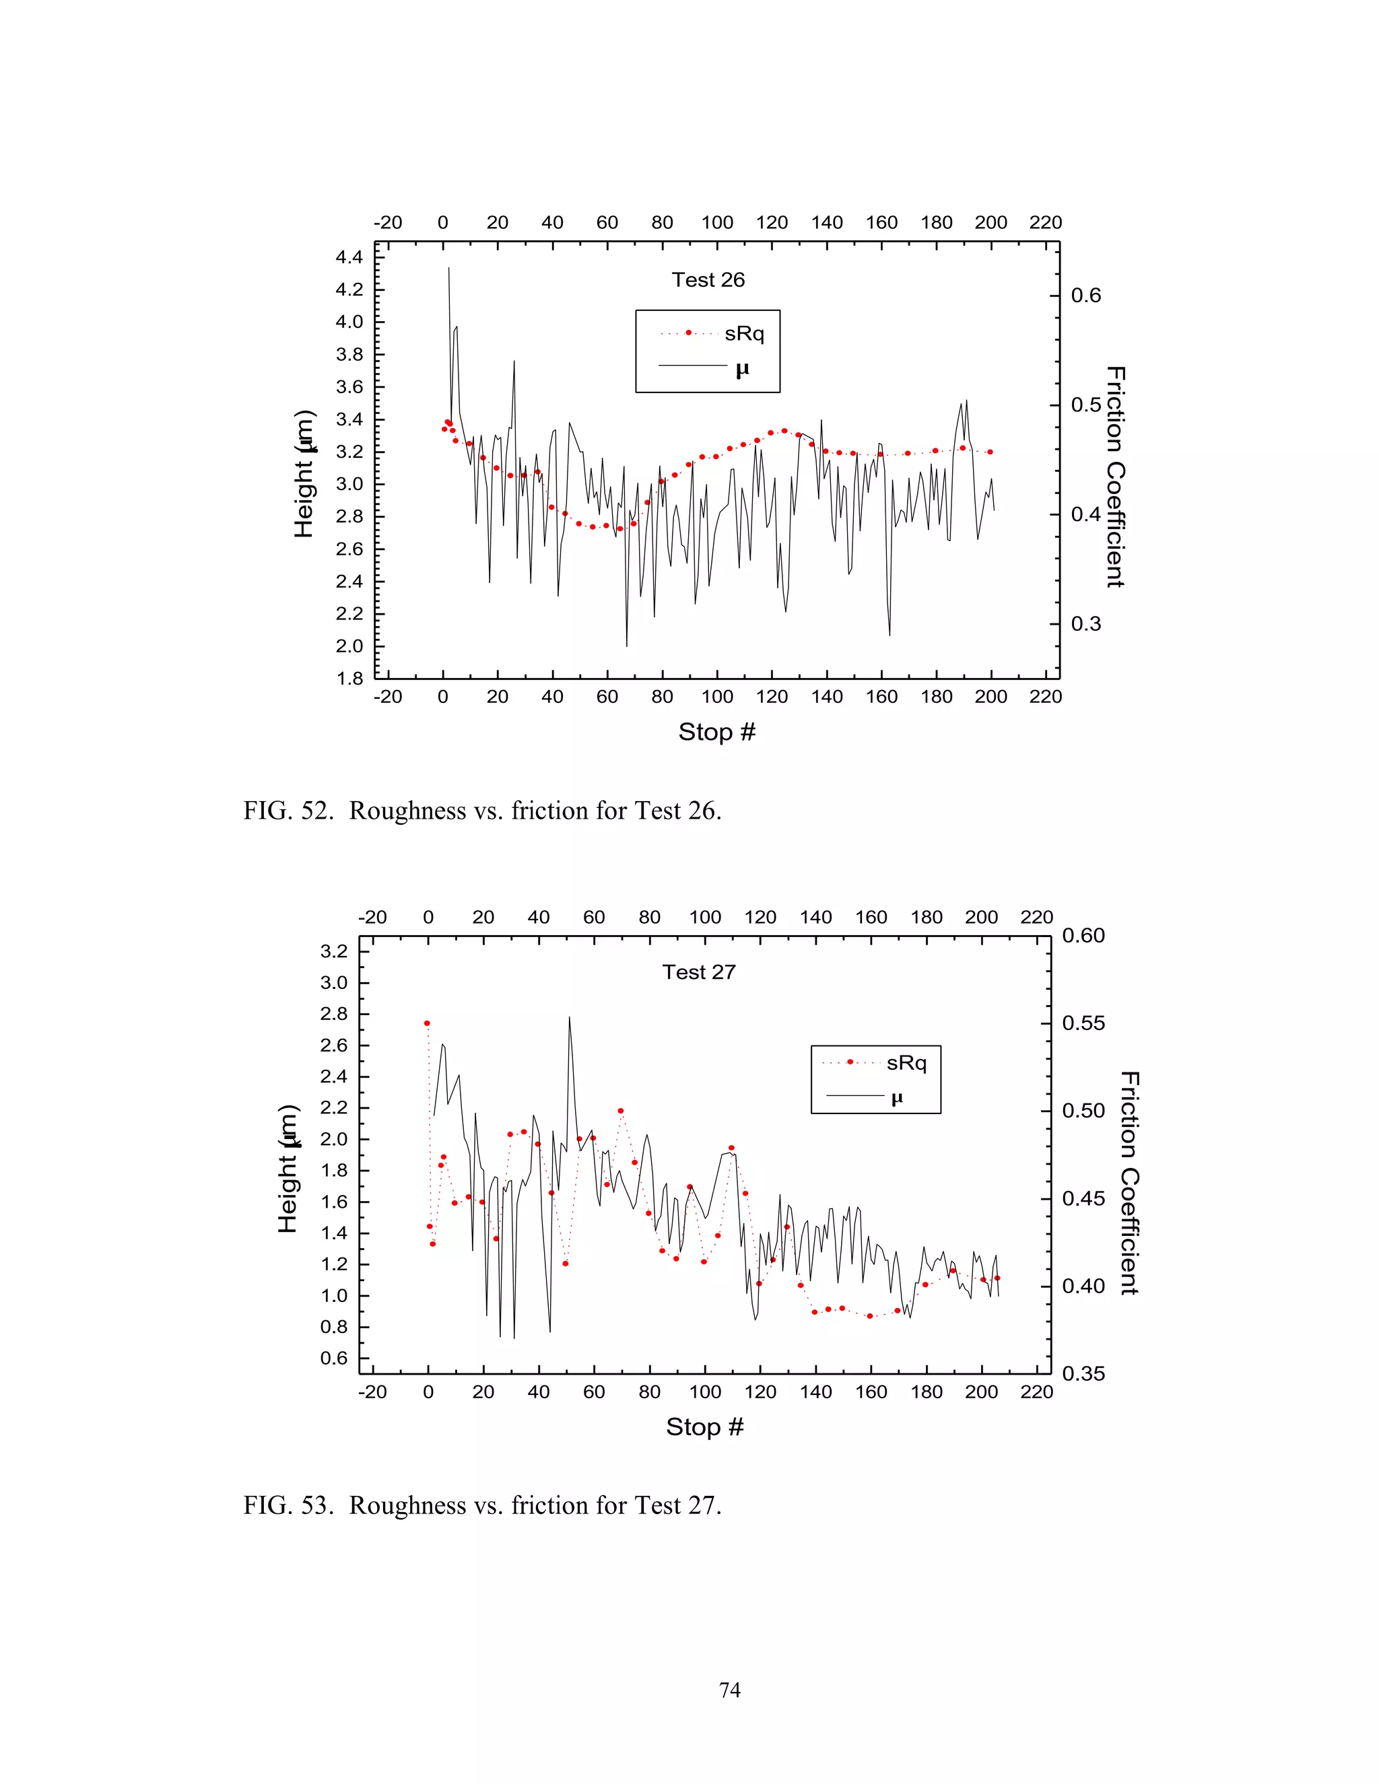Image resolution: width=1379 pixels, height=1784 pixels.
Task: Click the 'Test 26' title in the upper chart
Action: [x=708, y=280]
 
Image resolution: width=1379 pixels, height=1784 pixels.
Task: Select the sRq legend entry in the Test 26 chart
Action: [x=743, y=333]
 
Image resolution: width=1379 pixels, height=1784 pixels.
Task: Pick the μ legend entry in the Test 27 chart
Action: [x=896, y=1098]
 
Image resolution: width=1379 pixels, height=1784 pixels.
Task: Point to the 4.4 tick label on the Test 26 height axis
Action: [x=349, y=258]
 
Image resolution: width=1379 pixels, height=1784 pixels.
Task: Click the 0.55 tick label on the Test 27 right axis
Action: [x=1083, y=1023]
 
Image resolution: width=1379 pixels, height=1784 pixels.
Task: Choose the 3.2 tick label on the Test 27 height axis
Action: [x=333, y=952]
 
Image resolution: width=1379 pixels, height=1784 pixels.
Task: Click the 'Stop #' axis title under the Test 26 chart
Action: [x=716, y=732]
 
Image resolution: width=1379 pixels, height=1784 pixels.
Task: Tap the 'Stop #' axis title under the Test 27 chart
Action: [x=704, y=1427]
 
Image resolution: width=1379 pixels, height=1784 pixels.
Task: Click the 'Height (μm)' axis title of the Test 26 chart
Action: [x=304, y=474]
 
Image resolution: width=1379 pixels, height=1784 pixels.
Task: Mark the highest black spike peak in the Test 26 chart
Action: [x=448, y=268]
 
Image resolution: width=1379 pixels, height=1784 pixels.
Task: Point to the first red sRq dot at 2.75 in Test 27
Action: [x=426, y=1023]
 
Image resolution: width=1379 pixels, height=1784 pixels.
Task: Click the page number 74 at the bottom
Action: [x=729, y=1690]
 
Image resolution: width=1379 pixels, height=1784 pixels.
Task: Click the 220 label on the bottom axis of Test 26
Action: [x=1045, y=697]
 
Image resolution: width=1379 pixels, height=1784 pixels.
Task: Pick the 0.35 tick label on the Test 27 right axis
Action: [x=1083, y=1374]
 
